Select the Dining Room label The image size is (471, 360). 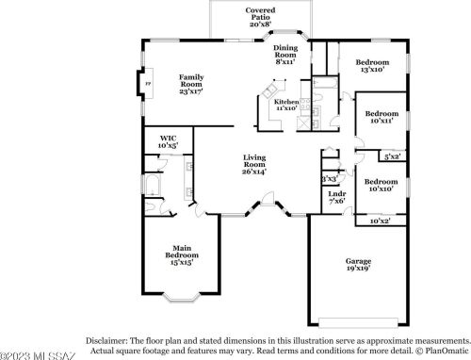pyautogui.click(x=285, y=54)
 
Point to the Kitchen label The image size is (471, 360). pyautogui.click(x=286, y=104)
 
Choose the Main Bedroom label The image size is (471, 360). pyautogui.click(x=181, y=255)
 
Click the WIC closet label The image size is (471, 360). pyautogui.click(x=169, y=142)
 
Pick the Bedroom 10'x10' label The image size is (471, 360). pyautogui.click(x=381, y=185)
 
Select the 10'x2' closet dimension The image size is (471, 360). pyautogui.click(x=380, y=221)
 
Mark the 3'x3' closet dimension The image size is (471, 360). pyautogui.click(x=329, y=177)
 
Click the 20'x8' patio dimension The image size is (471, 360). pyautogui.click(x=261, y=25)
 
